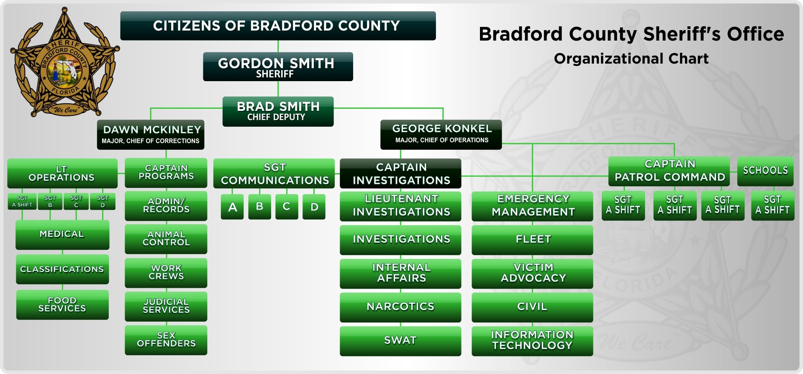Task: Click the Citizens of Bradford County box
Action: [278, 26]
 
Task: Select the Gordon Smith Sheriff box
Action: [278, 67]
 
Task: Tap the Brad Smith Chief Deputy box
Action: [278, 111]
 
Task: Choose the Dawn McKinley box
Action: [151, 135]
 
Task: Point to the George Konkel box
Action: [441, 134]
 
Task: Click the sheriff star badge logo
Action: [64, 62]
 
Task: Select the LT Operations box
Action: [62, 173]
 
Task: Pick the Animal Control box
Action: [166, 239]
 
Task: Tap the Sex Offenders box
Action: [166, 340]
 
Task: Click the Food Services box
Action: [62, 305]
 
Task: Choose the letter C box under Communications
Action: [287, 207]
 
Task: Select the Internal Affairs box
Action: [400, 274]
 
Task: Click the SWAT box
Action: [400, 341]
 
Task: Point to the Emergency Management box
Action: [532, 206]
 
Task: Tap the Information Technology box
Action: [532, 341]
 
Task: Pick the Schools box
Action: [765, 171]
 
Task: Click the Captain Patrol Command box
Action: [669, 171]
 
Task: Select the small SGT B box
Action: [50, 201]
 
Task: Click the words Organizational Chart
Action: [631, 59]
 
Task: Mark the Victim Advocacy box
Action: [532, 274]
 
